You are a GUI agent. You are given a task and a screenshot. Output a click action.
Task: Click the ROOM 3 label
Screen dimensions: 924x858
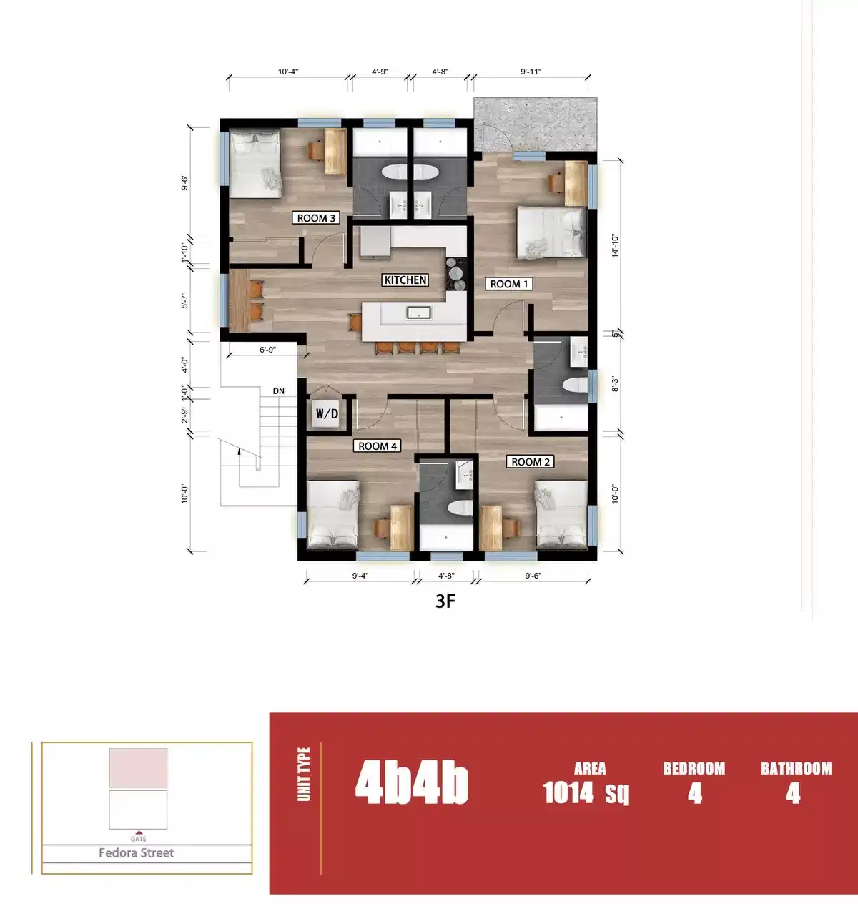coord(316,218)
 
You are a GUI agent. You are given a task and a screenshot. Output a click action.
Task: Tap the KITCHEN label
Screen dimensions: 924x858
coord(405,280)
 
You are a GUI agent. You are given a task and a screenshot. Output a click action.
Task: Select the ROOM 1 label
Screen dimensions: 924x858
coord(509,284)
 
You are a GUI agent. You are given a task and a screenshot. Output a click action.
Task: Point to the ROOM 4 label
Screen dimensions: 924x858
coord(378,446)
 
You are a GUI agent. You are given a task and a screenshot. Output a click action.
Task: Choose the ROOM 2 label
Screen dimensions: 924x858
coord(531,462)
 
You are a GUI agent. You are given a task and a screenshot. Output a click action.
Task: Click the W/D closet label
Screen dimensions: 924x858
coord(327,414)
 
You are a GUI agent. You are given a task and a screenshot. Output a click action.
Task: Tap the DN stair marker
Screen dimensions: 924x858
coord(279,391)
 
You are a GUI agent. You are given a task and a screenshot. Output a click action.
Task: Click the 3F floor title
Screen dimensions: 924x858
coord(445,601)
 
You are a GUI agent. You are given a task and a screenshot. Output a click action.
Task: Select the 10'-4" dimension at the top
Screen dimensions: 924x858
coord(288,72)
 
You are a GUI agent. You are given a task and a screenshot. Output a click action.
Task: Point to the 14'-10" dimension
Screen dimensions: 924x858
coord(615,245)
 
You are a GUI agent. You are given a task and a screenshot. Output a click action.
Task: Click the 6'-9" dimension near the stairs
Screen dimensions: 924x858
coord(267,350)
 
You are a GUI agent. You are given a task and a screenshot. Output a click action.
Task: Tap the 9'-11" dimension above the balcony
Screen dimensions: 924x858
coord(531,72)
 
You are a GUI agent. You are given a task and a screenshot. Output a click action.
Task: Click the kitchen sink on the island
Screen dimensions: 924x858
coord(418,313)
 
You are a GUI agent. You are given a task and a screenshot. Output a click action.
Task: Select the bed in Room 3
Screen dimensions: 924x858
coord(255,164)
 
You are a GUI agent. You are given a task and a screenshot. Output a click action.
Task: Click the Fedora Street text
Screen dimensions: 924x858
coord(136,853)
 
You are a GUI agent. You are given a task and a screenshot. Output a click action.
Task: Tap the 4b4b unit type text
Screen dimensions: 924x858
coord(412,783)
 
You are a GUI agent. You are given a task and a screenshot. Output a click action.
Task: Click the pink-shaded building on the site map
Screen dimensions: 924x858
coord(138,768)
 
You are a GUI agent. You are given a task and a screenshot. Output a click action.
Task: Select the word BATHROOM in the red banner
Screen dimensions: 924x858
coord(796,769)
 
